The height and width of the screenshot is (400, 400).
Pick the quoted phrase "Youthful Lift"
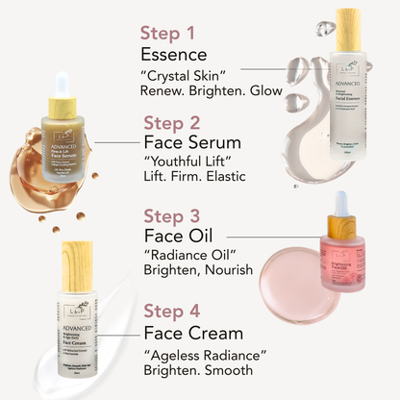click(187, 162)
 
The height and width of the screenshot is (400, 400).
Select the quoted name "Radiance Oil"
click(187, 257)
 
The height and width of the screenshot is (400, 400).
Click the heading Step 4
click(177, 311)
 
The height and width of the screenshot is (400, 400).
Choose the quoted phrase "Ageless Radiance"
click(203, 352)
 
